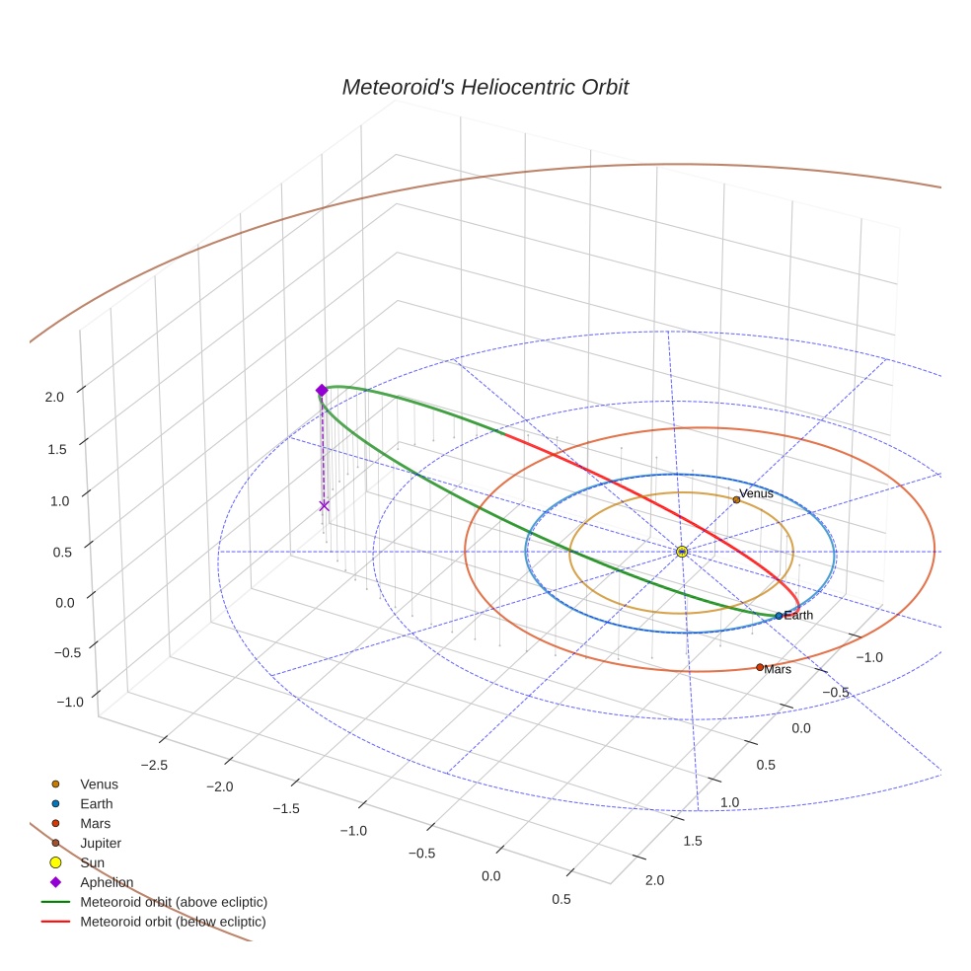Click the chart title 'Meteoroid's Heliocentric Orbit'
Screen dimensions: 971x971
[x=485, y=88]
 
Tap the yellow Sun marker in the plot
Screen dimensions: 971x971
[x=682, y=551]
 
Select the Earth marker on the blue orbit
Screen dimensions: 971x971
[x=779, y=616]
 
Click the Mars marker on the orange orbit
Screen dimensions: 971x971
[x=760, y=667]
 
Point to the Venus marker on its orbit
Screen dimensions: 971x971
[x=736, y=499]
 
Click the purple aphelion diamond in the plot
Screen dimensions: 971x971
[x=322, y=391]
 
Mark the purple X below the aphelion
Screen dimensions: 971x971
[x=324, y=505]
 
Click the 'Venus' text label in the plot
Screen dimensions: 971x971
[x=757, y=493]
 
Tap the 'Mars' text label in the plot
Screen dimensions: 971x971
[x=779, y=669]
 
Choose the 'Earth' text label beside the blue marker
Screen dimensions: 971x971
[x=798, y=616]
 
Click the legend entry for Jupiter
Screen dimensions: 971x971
[x=101, y=843]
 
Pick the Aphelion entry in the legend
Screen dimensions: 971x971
[x=107, y=882]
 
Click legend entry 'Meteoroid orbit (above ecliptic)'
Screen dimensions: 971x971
[x=174, y=902]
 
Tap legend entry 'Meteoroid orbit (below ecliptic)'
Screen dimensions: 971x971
[x=173, y=922]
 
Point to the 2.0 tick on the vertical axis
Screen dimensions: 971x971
[x=54, y=397]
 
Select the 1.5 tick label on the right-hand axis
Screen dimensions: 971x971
[x=692, y=840]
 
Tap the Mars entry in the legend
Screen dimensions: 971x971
[x=95, y=823]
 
